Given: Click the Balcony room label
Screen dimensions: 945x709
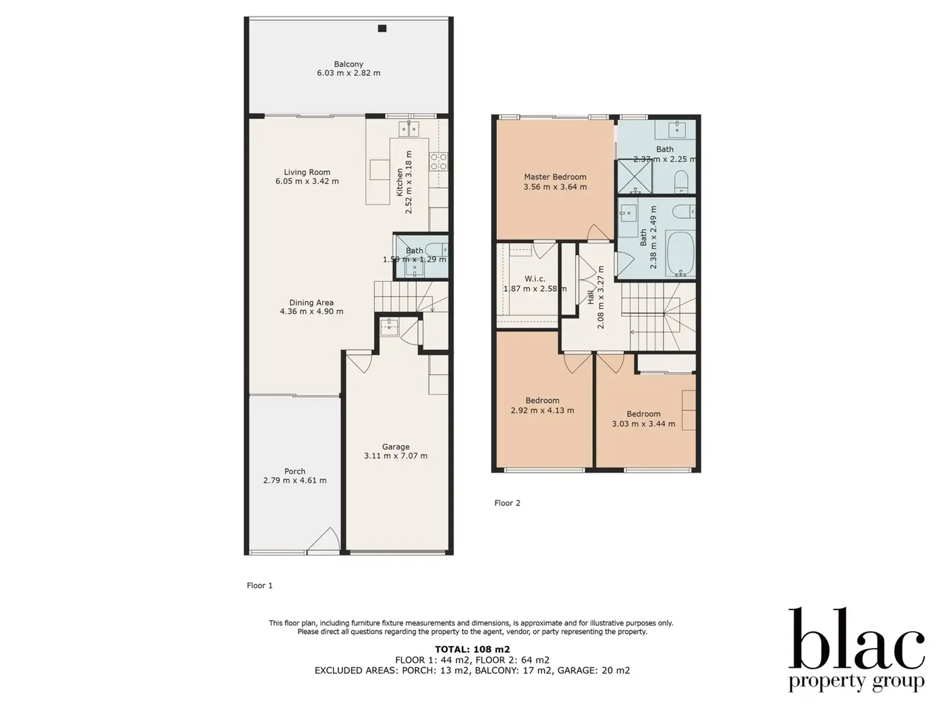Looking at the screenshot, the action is [x=348, y=64].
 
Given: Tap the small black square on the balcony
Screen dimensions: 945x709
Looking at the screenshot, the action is [x=382, y=29].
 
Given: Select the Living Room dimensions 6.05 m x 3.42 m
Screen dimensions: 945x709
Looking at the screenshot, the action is [x=307, y=181].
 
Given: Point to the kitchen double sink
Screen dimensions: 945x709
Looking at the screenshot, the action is [x=409, y=129].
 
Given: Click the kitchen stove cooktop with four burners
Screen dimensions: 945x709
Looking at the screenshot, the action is [x=439, y=161].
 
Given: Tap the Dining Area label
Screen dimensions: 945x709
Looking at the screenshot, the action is [x=312, y=303].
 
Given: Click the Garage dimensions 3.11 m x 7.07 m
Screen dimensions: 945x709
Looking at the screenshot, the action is [x=396, y=456].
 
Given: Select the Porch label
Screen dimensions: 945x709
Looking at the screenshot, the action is [x=295, y=471].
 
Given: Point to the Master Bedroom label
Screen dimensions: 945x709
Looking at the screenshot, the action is [x=555, y=177].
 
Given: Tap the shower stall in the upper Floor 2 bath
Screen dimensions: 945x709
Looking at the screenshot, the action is [x=635, y=176].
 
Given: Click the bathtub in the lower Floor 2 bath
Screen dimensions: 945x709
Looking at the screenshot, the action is [x=680, y=254].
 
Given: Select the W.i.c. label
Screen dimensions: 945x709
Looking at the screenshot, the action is [x=535, y=279].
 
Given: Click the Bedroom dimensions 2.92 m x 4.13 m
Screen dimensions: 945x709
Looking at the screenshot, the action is [x=542, y=410].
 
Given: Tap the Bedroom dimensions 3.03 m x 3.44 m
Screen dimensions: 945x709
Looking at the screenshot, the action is [x=644, y=423].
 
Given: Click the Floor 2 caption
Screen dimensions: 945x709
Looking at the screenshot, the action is [x=507, y=503].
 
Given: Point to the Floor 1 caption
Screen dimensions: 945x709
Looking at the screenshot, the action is [x=260, y=585].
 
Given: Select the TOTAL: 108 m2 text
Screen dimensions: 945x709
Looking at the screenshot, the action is [x=472, y=649].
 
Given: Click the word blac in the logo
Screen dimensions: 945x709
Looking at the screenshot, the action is [x=857, y=639].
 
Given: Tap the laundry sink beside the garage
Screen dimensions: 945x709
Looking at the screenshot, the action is [x=389, y=326].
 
